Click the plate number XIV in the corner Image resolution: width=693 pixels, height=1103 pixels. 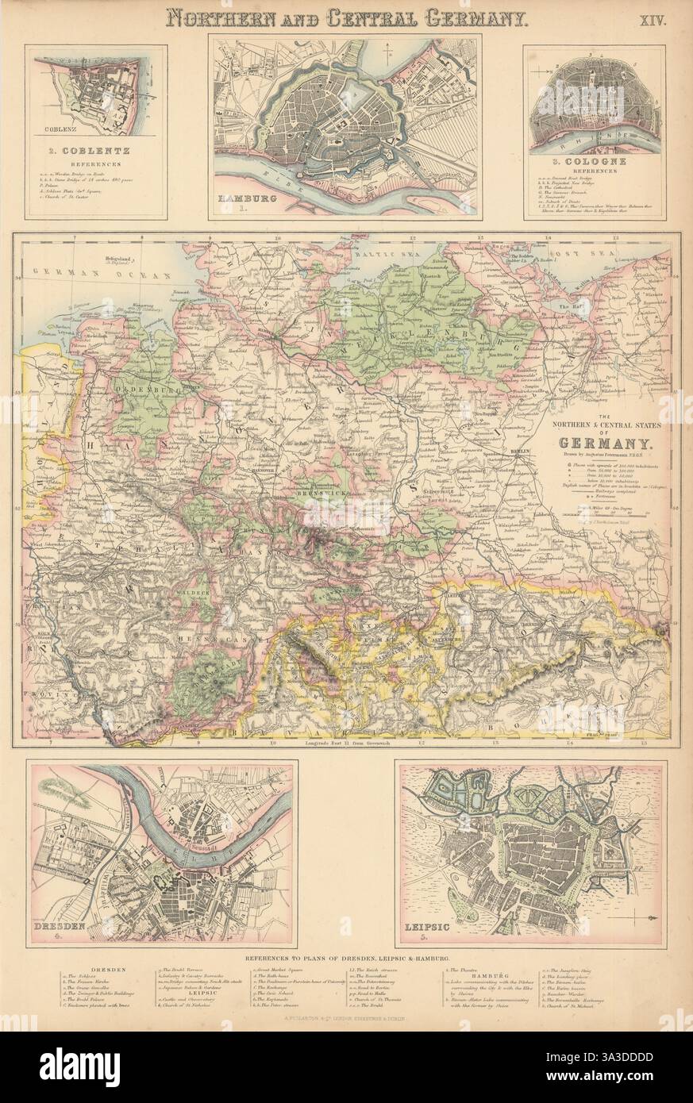coord(657,19)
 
